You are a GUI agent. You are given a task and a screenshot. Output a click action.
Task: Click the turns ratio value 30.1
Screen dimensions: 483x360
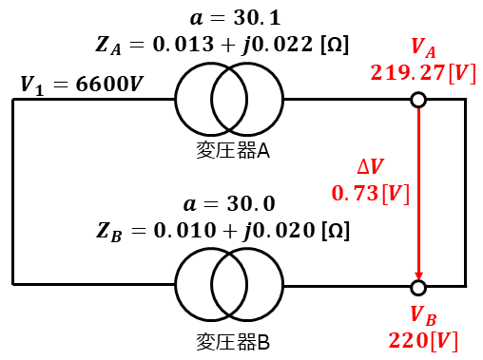(258, 18)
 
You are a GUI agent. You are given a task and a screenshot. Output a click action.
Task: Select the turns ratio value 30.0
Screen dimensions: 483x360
(251, 203)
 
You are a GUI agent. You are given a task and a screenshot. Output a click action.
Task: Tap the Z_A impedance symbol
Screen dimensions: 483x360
(108, 46)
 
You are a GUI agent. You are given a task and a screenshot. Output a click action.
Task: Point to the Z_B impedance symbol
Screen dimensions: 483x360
(108, 232)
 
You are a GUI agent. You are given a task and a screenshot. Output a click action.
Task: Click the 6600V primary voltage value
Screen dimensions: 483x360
(109, 85)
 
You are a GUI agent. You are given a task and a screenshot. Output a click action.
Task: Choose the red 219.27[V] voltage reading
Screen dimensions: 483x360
(423, 73)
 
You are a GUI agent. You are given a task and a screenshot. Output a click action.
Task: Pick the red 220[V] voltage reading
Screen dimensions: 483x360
(423, 341)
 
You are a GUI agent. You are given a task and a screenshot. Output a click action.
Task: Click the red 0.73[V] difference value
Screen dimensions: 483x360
(371, 194)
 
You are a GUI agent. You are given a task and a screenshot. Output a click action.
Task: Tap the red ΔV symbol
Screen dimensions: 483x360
(371, 166)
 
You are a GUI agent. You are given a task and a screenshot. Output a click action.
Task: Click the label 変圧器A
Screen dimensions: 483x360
(233, 150)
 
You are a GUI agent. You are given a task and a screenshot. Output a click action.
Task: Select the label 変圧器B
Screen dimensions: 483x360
(233, 342)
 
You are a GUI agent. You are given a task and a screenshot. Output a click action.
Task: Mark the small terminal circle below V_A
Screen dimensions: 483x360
(418, 100)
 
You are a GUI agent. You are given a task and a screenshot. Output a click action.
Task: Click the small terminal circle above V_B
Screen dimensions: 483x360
(418, 288)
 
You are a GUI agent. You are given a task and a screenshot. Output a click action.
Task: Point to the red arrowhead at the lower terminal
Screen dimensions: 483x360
(418, 275)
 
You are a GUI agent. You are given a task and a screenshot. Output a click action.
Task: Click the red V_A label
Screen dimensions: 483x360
(423, 48)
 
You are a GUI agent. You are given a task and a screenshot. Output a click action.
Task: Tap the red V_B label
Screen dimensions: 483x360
(423, 316)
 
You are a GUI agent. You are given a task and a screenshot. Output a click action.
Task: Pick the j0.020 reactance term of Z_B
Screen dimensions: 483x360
(279, 231)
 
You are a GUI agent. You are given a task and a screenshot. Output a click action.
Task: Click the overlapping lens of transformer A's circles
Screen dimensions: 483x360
(229, 99)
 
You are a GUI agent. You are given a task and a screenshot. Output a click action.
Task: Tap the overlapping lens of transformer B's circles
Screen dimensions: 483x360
(229, 285)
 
